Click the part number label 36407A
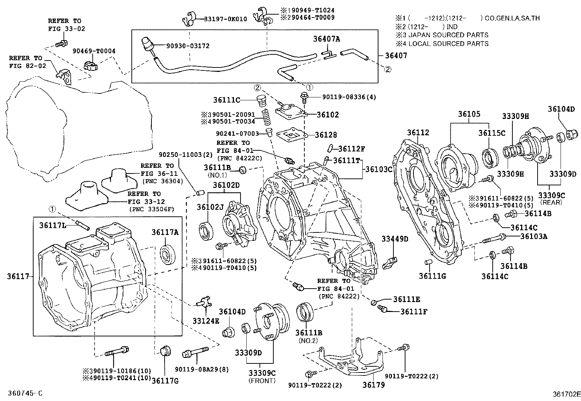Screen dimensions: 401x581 [326, 39]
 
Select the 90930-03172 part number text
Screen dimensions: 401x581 [188, 46]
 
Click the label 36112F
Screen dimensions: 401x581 [351, 149]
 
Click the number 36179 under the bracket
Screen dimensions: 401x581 [373, 385]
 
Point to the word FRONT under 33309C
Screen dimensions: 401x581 [262, 381]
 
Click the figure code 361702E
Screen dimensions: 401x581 [565, 394]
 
